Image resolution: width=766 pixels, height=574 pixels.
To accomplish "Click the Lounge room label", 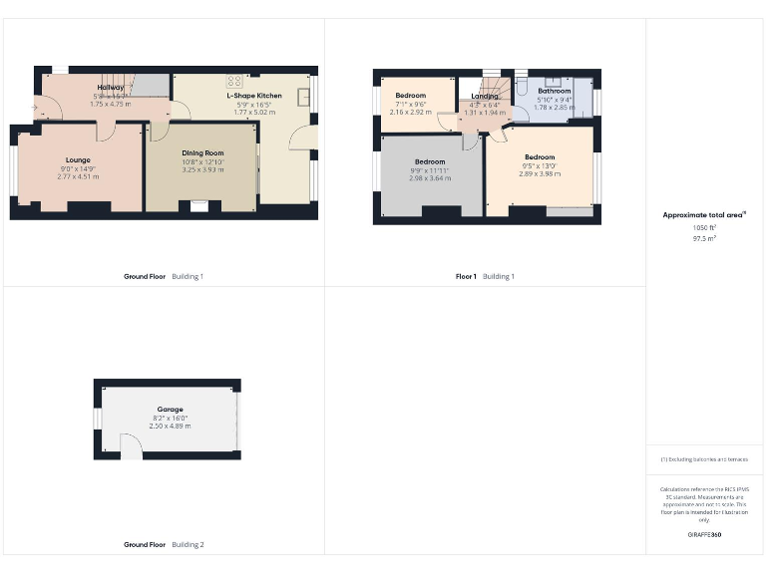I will point(78,160).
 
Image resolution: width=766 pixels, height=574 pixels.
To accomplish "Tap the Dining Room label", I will point(202,153).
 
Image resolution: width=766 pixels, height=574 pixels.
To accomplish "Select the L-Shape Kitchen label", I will point(254,96).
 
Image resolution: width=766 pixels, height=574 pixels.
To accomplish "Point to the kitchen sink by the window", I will point(303,98).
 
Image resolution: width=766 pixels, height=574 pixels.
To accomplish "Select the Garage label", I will point(169,410).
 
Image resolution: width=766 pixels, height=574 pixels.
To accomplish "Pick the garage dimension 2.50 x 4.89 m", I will point(169,426).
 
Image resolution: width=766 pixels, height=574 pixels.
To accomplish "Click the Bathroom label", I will point(554,91).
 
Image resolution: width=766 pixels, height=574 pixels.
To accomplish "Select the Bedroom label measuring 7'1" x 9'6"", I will point(410,96).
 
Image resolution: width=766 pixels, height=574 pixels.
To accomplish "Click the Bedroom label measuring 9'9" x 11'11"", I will point(430,161).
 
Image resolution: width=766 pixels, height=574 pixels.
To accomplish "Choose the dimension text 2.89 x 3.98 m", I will point(540,173).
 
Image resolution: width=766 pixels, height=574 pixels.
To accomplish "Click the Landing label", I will point(485,96).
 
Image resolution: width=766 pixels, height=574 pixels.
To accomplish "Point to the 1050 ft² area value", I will point(704,228).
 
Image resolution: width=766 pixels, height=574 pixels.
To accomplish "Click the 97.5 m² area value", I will point(704,239).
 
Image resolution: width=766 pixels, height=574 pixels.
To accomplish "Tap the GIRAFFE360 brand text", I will point(704,535).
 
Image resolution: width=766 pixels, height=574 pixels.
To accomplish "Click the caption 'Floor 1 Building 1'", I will point(485,276).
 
